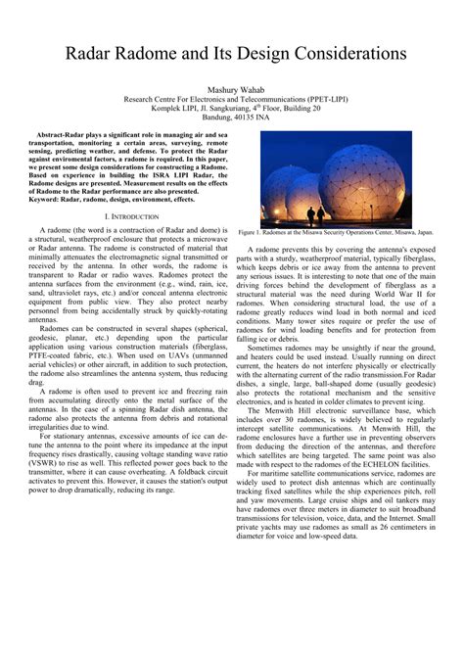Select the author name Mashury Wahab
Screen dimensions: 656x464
232,88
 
